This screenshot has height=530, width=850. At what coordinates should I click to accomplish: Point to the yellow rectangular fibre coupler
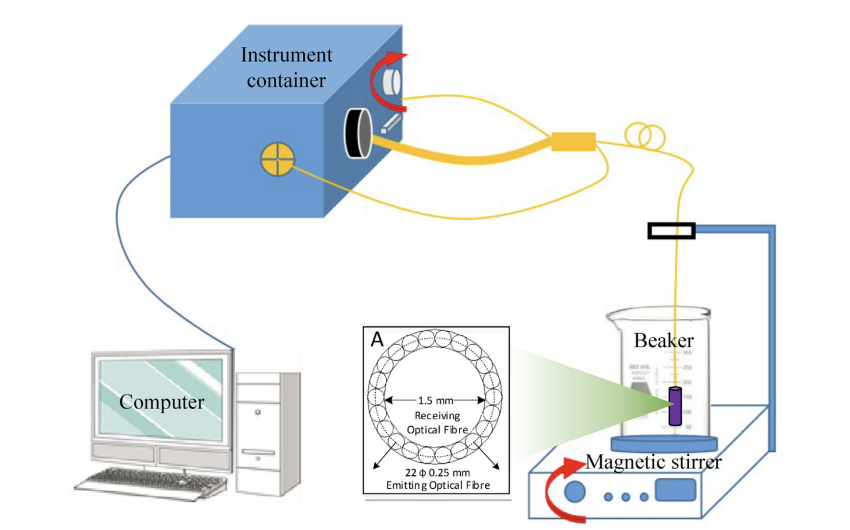[x=573, y=142]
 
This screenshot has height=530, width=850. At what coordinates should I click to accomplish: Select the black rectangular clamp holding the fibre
[x=672, y=232]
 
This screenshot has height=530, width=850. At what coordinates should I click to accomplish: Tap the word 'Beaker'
[x=664, y=341]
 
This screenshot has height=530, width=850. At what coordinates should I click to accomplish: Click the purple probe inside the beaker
[x=675, y=405]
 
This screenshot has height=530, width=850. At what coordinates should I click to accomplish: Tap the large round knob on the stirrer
[x=576, y=494]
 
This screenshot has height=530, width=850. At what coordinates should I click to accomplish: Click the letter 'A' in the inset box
[x=378, y=340]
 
